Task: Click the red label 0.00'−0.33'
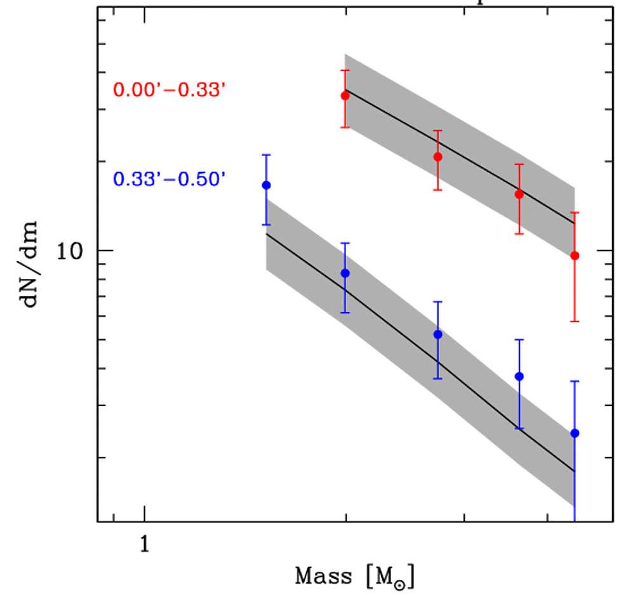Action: [170, 89]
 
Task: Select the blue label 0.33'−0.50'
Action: [170, 180]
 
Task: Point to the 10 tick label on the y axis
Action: [71, 251]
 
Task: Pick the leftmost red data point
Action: [345, 96]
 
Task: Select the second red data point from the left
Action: [437, 157]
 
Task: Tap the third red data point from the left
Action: [519, 194]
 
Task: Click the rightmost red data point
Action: [575, 256]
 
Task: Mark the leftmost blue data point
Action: [267, 185]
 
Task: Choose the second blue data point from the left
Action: [345, 273]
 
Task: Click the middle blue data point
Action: [437, 334]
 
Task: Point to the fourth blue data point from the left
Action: [519, 376]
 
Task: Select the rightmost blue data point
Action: [575, 433]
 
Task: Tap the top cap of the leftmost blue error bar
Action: [267, 155]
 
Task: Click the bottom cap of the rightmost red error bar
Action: [575, 322]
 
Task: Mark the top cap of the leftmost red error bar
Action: [345, 70]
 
